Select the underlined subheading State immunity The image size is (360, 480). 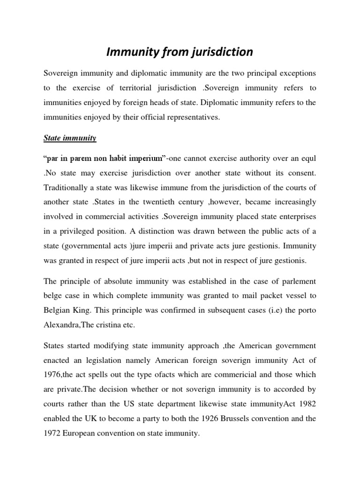70,138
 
